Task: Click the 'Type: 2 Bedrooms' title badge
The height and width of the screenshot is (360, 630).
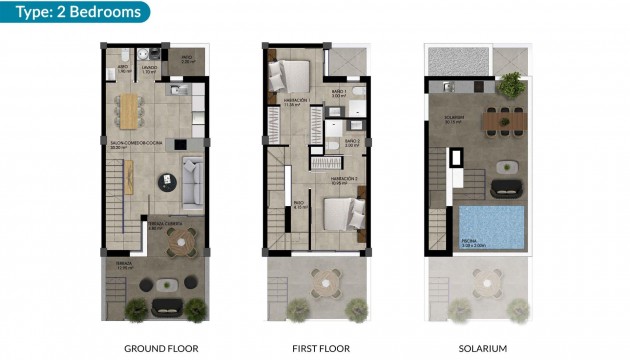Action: click(76, 12)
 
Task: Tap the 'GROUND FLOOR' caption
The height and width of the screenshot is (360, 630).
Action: click(160, 349)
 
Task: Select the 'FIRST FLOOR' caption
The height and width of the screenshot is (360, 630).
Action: click(320, 349)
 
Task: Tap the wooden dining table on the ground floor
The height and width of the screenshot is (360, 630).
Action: click(130, 108)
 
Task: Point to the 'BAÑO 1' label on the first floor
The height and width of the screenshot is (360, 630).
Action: click(337, 91)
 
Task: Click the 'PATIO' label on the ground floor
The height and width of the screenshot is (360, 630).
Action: click(186, 58)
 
